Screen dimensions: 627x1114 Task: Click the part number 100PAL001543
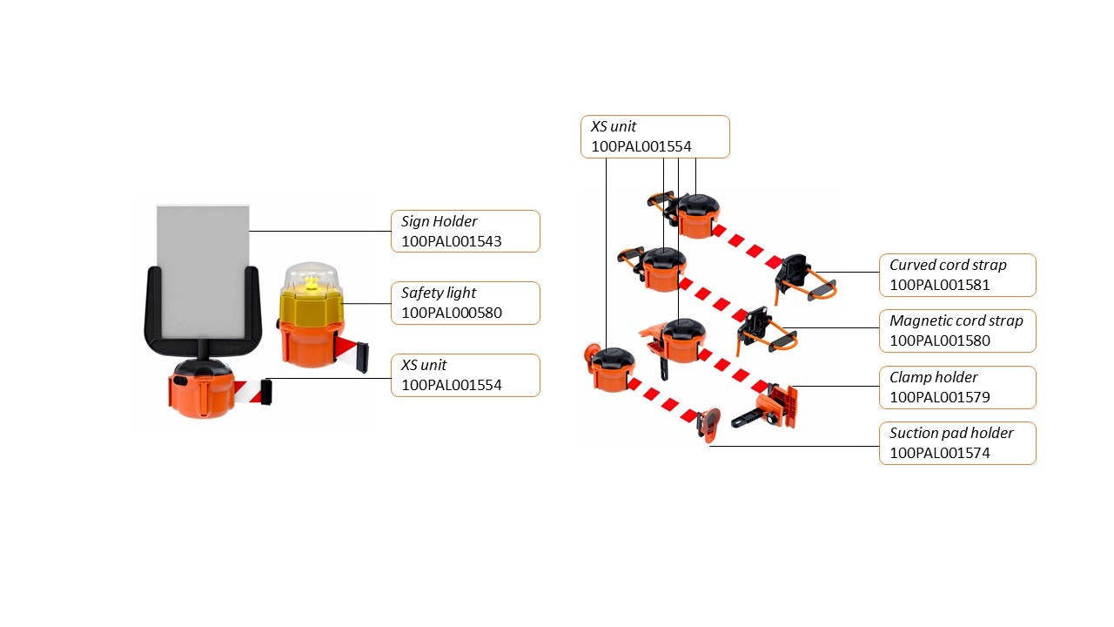[451, 241]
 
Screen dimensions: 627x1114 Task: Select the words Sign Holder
[439, 221]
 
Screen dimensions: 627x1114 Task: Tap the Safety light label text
[438, 293]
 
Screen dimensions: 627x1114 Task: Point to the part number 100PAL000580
[451, 313]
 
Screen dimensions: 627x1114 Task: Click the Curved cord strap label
[947, 265]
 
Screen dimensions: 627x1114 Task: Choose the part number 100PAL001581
[939, 285]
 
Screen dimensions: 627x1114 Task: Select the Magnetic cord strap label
[956, 320]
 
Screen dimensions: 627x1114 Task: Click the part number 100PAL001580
[939, 340]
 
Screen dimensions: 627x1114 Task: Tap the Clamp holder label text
[933, 377]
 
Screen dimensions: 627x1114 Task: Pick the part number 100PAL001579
[939, 397]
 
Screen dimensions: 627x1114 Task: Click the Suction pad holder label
[950, 433]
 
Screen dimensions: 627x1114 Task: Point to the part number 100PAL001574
[939, 453]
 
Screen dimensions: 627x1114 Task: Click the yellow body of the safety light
[312, 308]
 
